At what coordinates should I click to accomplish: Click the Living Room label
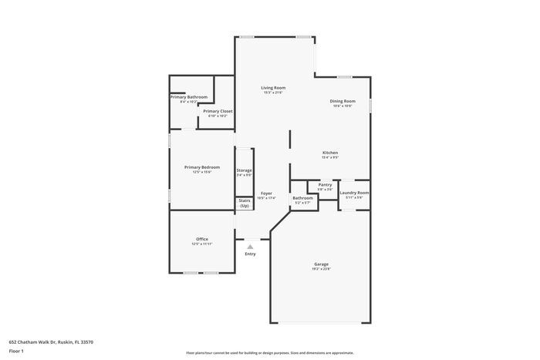pyautogui.click(x=273, y=88)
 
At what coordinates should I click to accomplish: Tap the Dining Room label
pyautogui.click(x=343, y=101)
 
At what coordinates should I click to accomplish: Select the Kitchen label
pyautogui.click(x=330, y=153)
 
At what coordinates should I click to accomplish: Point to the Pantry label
pyautogui.click(x=325, y=184)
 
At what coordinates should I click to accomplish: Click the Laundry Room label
pyautogui.click(x=354, y=193)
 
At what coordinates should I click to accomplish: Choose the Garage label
pyautogui.click(x=321, y=264)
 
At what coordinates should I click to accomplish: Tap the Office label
pyautogui.click(x=202, y=239)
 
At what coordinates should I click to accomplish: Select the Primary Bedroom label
pyautogui.click(x=202, y=167)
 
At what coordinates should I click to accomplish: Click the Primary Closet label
pyautogui.click(x=218, y=111)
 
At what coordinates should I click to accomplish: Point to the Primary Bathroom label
pyautogui.click(x=189, y=97)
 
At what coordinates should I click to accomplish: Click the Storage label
pyautogui.click(x=244, y=170)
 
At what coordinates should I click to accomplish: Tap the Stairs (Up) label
pyautogui.click(x=244, y=203)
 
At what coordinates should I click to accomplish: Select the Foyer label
pyautogui.click(x=266, y=193)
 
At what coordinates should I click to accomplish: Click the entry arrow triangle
pyautogui.click(x=250, y=247)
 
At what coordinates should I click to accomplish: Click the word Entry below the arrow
pyautogui.click(x=250, y=254)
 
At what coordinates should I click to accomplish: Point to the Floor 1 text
pyautogui.click(x=16, y=351)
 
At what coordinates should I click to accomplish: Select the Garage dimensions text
pyautogui.click(x=321, y=269)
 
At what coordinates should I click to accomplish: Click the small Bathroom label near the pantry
pyautogui.click(x=302, y=198)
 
